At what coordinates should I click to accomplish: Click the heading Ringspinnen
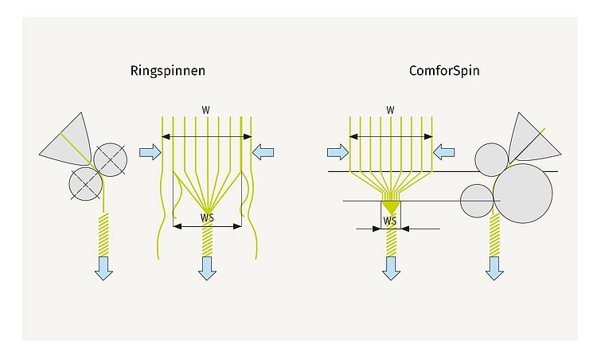pyautogui.click(x=168, y=70)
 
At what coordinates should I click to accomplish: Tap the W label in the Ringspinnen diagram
pyautogui.click(x=206, y=109)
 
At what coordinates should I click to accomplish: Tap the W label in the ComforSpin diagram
pyautogui.click(x=390, y=109)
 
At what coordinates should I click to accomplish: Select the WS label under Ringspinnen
pyautogui.click(x=206, y=217)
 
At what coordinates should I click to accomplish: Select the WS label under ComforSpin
pyautogui.click(x=390, y=220)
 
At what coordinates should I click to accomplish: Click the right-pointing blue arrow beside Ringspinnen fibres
pyautogui.click(x=149, y=151)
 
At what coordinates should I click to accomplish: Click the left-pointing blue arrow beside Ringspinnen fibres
pyautogui.click(x=264, y=151)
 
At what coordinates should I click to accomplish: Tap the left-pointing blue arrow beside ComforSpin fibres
pyautogui.click(x=443, y=151)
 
